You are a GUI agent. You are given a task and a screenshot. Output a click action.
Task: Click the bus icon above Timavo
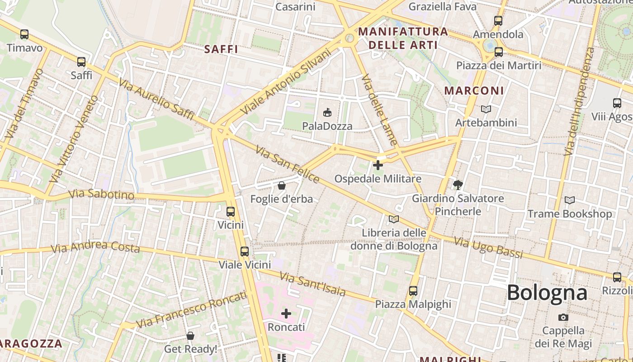tap(24, 34)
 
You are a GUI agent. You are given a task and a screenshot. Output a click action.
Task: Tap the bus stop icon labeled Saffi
tap(81, 62)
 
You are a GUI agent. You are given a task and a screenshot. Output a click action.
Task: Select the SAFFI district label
tap(221, 49)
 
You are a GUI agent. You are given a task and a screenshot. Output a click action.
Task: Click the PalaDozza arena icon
tap(327, 112)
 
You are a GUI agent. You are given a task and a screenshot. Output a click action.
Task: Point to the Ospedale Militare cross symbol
tap(378, 165)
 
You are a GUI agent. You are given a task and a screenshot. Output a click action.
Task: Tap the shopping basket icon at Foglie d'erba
tap(281, 186)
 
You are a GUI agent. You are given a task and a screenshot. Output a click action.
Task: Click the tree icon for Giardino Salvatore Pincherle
tap(458, 185)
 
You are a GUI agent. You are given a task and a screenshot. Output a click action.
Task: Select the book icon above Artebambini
tap(486, 109)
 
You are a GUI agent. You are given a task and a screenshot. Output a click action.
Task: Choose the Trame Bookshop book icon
tap(570, 200)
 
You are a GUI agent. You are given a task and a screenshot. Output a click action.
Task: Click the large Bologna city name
tap(547, 293)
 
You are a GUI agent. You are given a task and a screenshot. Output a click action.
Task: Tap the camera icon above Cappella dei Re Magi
tap(563, 317)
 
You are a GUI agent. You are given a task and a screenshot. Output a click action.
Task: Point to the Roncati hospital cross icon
tap(286, 313)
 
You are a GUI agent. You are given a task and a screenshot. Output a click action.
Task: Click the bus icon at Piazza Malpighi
tap(413, 291)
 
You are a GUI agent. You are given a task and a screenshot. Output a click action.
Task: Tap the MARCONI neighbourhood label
tap(474, 90)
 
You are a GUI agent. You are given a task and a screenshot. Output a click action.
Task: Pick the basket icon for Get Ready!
tap(190, 336)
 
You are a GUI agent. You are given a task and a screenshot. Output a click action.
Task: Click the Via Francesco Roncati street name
tap(192, 310)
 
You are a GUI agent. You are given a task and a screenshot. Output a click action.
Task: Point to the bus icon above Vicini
tap(230, 211)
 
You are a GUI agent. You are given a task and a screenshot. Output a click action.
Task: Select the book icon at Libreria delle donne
tap(394, 219)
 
